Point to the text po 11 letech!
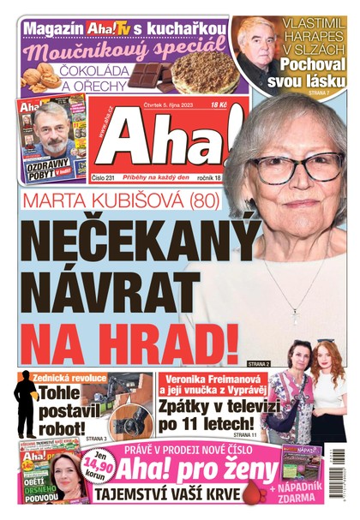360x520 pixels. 209,423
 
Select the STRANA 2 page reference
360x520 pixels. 258,364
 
